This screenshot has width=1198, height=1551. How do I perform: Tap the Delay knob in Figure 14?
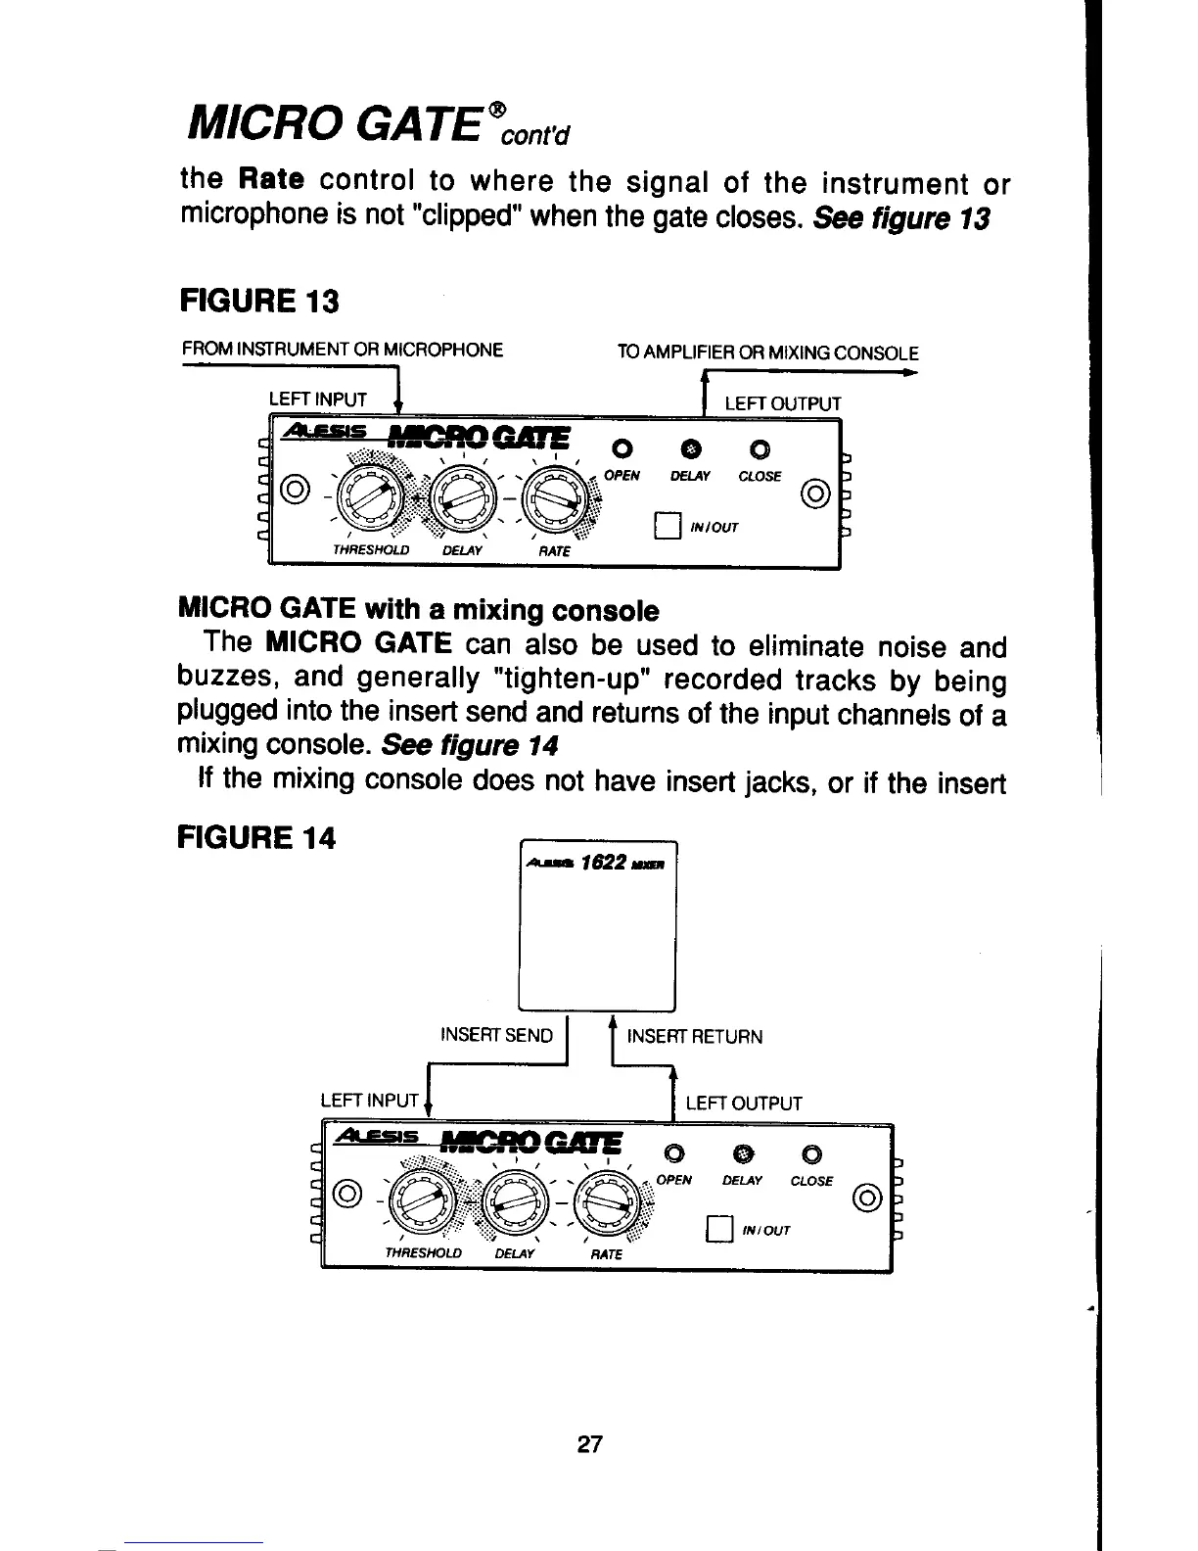click(513, 1203)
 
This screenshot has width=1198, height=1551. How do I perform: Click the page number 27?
click(589, 1444)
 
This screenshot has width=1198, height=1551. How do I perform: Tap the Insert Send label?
click(496, 1036)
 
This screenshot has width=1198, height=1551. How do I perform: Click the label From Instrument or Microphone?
click(343, 350)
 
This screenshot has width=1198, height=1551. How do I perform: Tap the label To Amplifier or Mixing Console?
click(767, 352)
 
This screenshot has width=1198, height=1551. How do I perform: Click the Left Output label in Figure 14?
click(743, 1104)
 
